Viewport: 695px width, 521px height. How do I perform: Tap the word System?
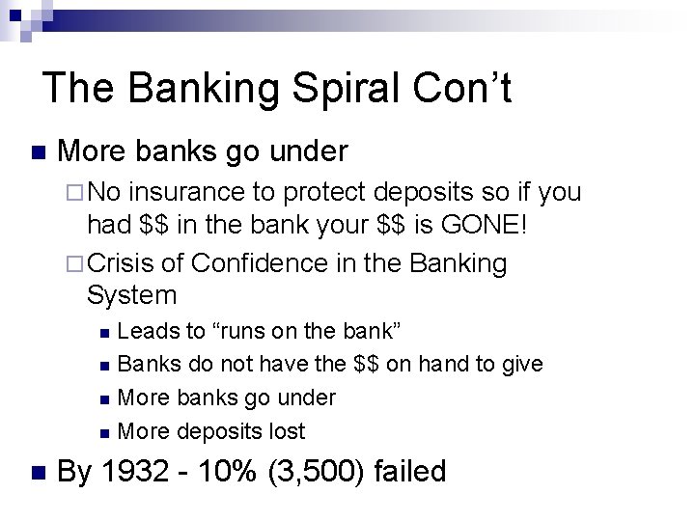click(132, 295)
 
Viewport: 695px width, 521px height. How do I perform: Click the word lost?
click(284, 430)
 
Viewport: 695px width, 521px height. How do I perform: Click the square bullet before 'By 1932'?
click(38, 473)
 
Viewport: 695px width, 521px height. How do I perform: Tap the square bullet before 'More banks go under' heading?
click(38, 152)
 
